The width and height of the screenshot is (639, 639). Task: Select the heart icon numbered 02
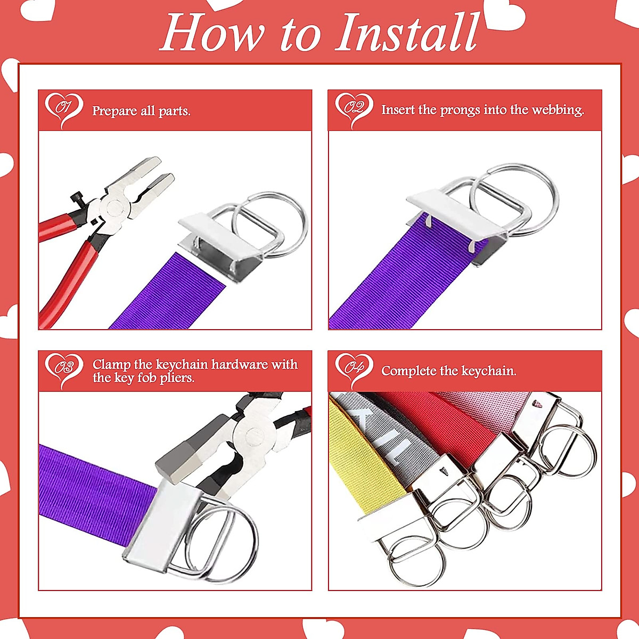point(354,109)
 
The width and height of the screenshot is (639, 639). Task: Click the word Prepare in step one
point(114,111)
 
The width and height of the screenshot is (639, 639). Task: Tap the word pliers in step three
point(176,378)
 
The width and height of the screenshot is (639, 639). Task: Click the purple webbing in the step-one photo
point(160,298)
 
